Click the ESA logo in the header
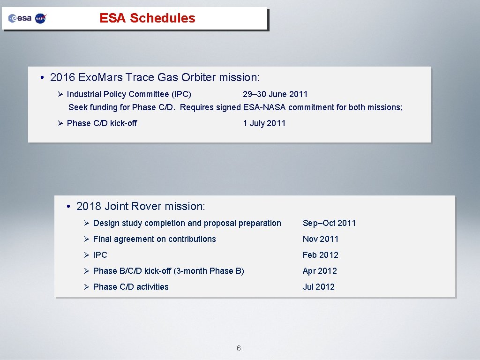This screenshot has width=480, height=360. tap(20, 18)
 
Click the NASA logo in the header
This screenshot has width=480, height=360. tap(41, 18)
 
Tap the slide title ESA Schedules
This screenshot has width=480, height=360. tap(147, 18)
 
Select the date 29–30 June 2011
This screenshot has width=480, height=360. tap(275, 94)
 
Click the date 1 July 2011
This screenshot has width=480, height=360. tap(264, 123)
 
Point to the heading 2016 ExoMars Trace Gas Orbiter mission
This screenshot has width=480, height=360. tap(154, 77)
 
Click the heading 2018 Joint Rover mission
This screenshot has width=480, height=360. tap(141, 206)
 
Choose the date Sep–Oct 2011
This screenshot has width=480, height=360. tap(329, 223)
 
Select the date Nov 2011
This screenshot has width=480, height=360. tap(320, 239)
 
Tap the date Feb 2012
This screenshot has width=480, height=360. tap(320, 255)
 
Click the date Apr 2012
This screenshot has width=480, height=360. tap(320, 271)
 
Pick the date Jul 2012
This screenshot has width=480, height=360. tap(318, 287)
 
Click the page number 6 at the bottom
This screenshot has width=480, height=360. tap(239, 348)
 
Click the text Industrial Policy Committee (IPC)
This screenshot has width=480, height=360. tap(129, 94)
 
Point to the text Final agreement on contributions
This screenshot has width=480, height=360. tap(154, 239)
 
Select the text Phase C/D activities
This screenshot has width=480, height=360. tap(131, 287)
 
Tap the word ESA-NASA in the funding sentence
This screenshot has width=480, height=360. tap(264, 107)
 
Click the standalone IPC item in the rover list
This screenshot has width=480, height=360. tap(100, 255)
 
